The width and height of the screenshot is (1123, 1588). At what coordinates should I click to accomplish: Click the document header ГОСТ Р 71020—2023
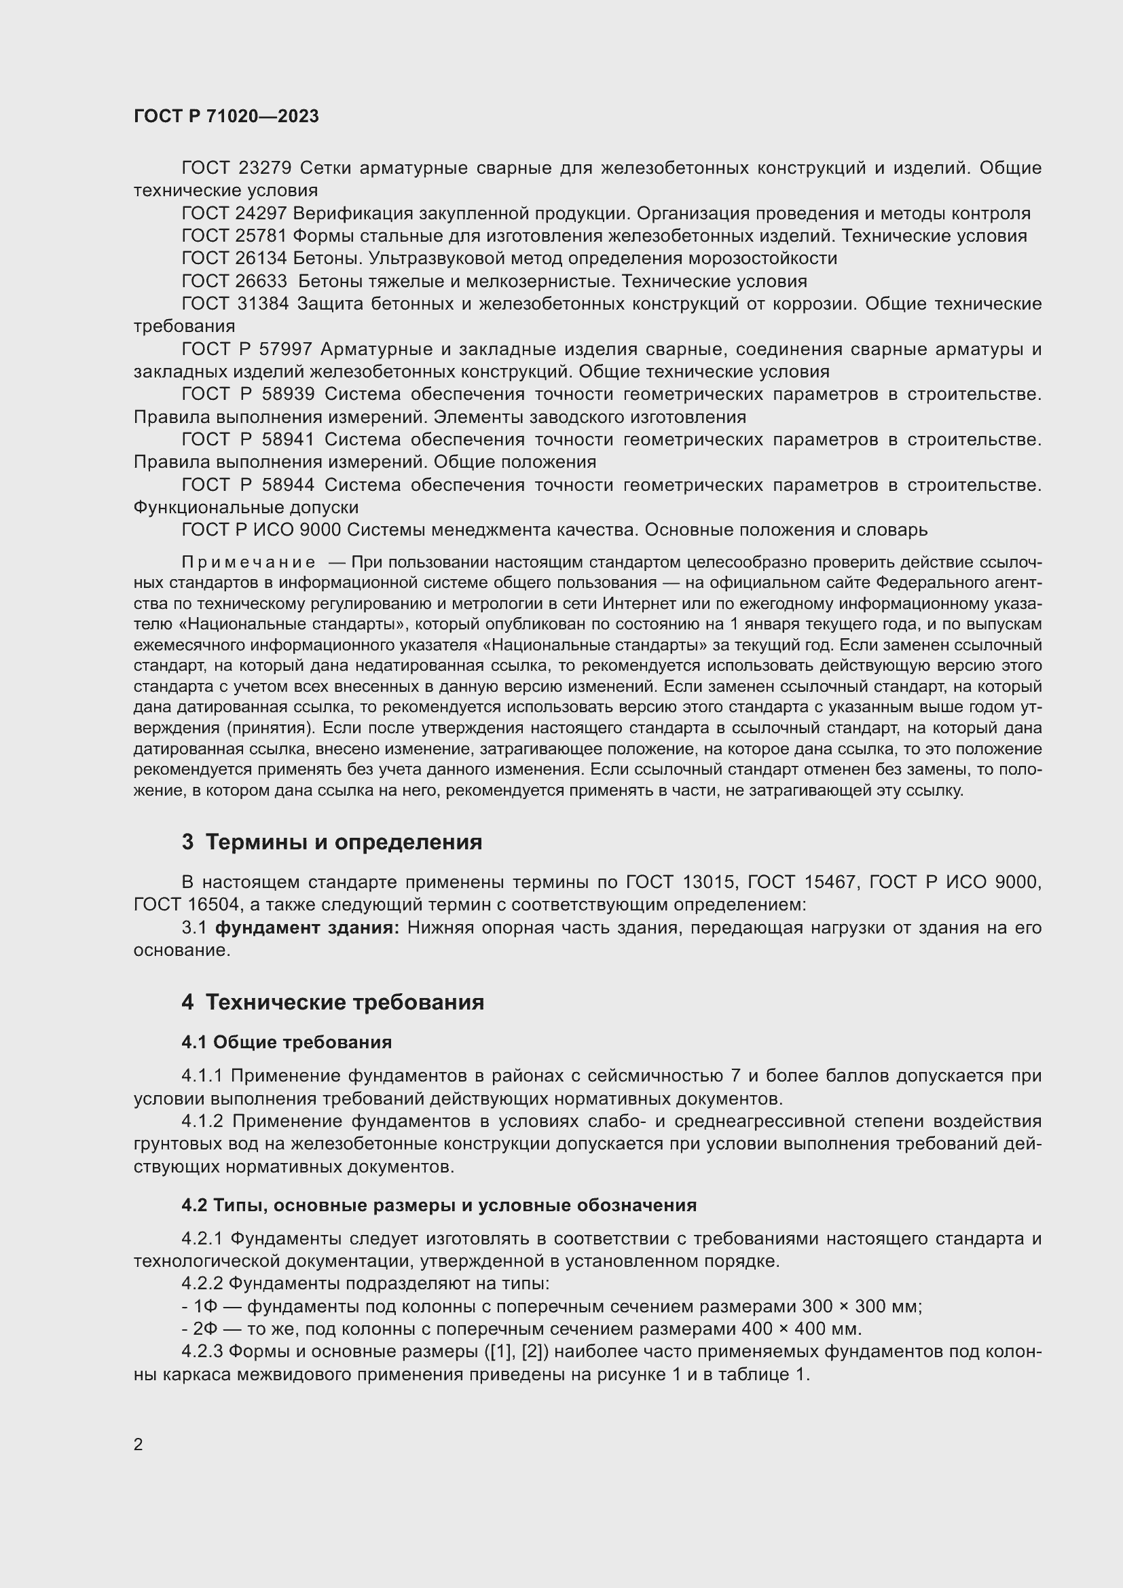pyautogui.click(x=226, y=116)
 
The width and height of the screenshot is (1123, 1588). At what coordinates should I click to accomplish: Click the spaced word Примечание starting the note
pyautogui.click(x=248, y=562)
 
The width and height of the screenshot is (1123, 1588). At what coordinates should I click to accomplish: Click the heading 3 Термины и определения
pyautogui.click(x=331, y=843)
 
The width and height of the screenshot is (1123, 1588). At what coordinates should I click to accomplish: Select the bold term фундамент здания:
pyautogui.click(x=307, y=927)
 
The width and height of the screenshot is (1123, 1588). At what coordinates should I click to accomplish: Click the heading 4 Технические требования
pyautogui.click(x=333, y=1002)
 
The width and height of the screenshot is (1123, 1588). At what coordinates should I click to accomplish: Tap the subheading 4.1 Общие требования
pyautogui.click(x=287, y=1042)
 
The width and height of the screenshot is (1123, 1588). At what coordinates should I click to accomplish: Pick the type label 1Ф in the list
pyautogui.click(x=205, y=1306)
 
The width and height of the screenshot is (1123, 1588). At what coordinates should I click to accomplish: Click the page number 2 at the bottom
pyautogui.click(x=139, y=1445)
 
